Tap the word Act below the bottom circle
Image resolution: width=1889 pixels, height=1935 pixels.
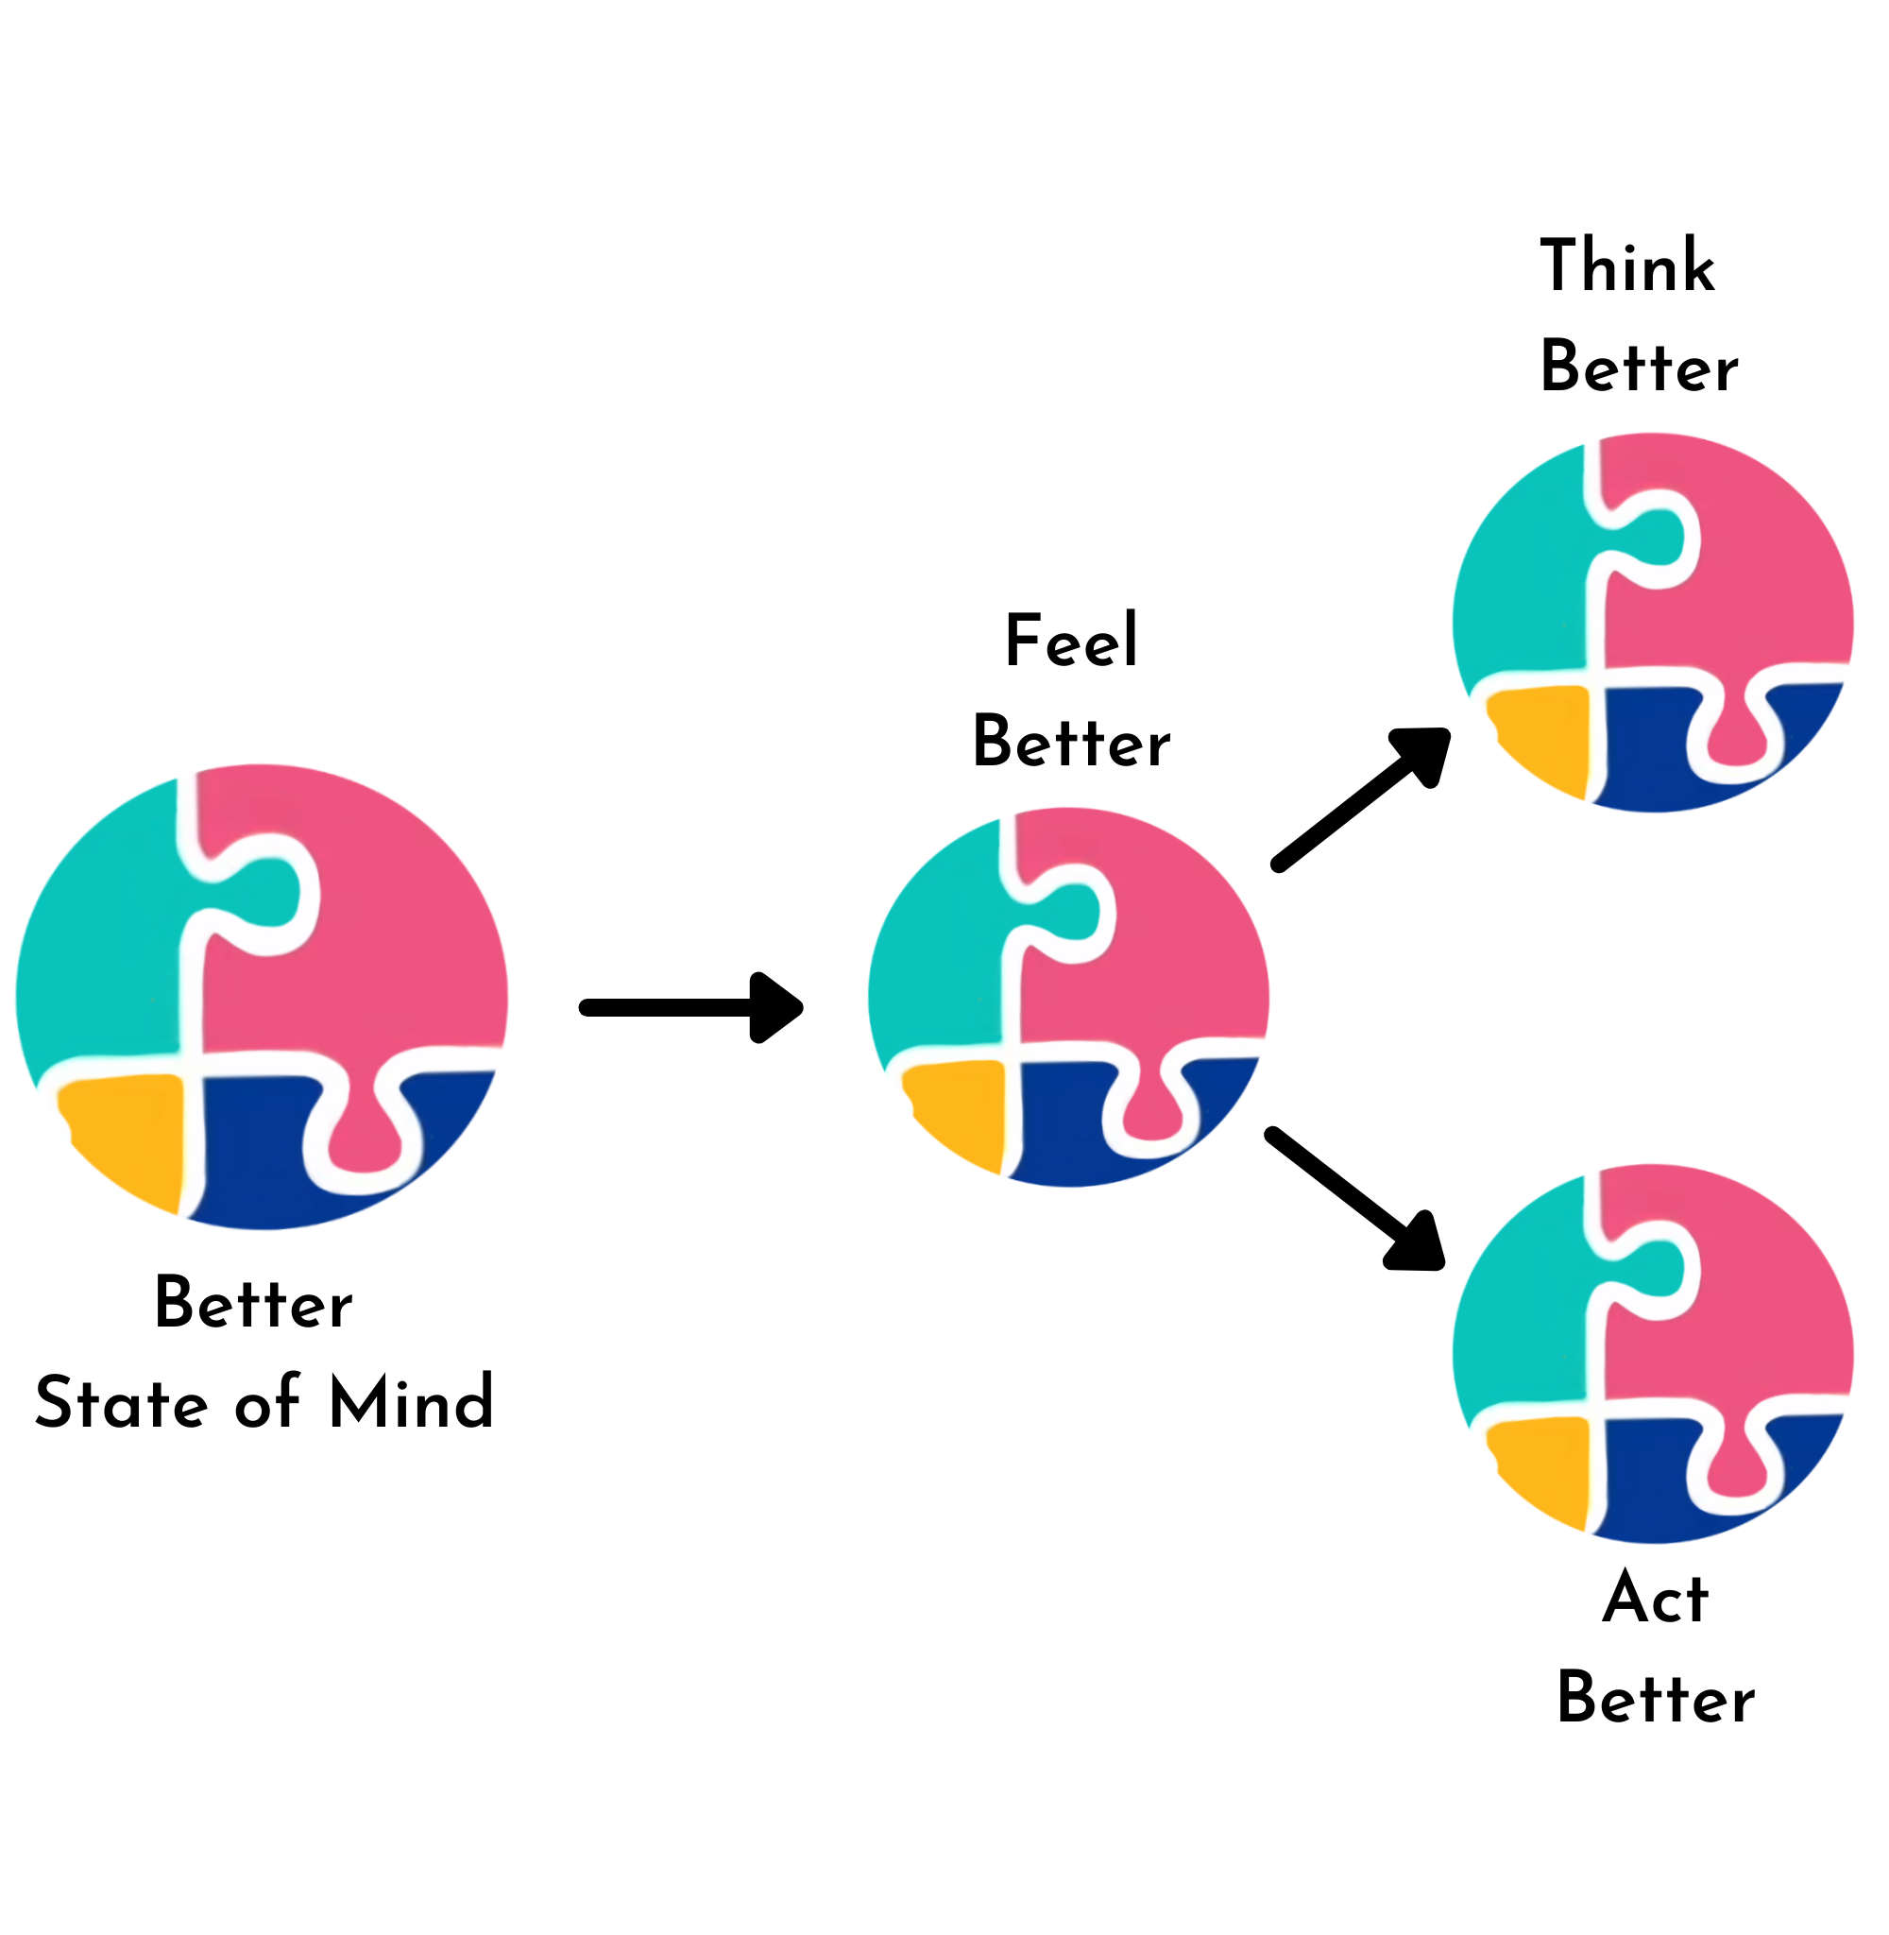click(x=1655, y=1599)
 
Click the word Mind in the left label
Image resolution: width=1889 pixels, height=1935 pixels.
click(x=411, y=1402)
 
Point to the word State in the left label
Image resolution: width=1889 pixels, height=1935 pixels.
click(x=121, y=1402)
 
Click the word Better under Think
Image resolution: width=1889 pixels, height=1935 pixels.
click(x=1639, y=368)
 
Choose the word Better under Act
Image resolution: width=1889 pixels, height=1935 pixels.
click(x=1655, y=1699)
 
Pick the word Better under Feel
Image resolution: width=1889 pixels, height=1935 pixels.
click(x=1071, y=743)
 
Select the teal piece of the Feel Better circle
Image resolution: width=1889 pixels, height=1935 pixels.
click(x=938, y=952)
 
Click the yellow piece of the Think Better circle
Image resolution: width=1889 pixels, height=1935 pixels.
click(x=1542, y=734)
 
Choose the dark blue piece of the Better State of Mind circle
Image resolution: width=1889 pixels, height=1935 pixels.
click(x=253, y=1151)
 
